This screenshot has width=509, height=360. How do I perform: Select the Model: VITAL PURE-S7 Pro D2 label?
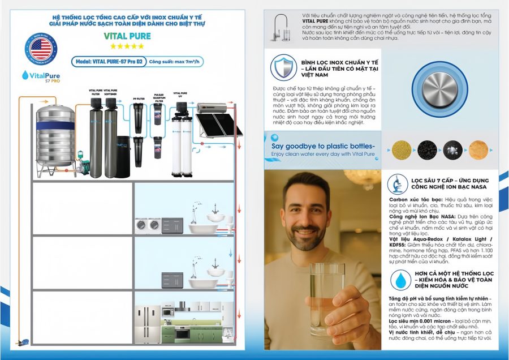coord(108,62)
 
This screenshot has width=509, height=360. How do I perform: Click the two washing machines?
coord(148,225)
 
